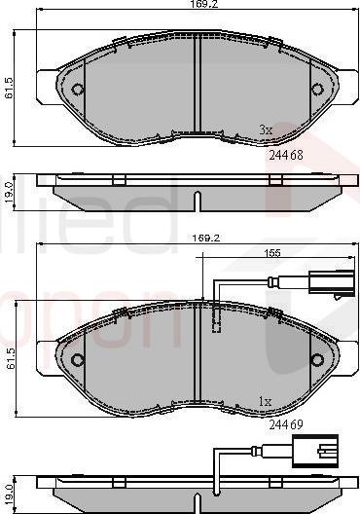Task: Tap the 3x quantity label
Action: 265,128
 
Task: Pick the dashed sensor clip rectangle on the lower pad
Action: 218,318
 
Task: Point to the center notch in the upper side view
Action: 198,200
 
